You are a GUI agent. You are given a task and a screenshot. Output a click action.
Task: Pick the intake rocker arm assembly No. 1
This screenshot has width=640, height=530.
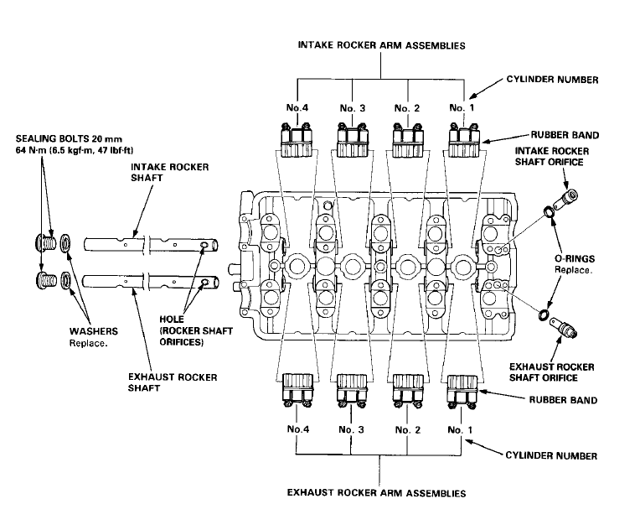coord(463,139)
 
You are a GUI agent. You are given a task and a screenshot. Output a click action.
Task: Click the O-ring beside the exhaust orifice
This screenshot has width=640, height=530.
coord(544,316)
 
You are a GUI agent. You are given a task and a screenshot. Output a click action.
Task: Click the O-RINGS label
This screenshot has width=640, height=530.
coord(574,260)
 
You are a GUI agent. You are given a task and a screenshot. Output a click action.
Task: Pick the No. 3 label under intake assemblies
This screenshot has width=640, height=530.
coord(353,107)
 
